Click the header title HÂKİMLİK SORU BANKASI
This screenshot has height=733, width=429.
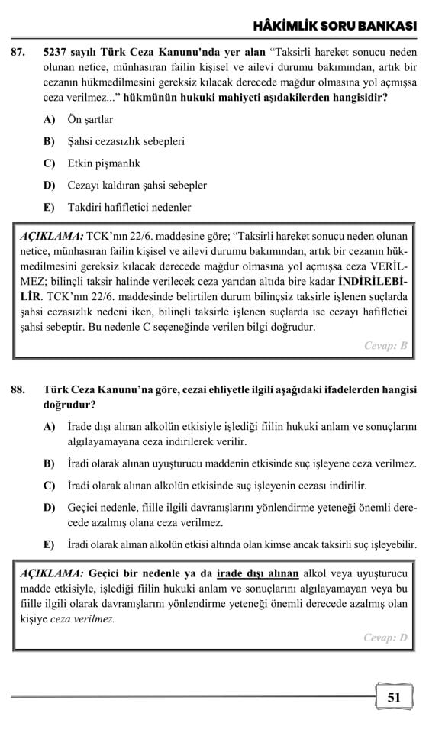coord(334,26)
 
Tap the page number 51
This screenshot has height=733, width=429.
coord(394,696)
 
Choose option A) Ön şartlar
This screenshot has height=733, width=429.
coord(89,119)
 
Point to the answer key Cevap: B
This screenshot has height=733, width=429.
coord(385,345)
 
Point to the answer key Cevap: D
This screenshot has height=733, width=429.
coord(385,638)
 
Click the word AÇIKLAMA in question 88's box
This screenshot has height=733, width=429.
coord(51,573)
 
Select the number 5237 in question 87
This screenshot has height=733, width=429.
coord(57,52)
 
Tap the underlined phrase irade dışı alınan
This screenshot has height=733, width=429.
coord(257,573)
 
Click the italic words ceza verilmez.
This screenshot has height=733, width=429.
coord(82,618)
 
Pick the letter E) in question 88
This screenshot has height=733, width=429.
coord(50,544)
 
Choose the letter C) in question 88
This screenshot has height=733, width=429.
coord(50,485)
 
